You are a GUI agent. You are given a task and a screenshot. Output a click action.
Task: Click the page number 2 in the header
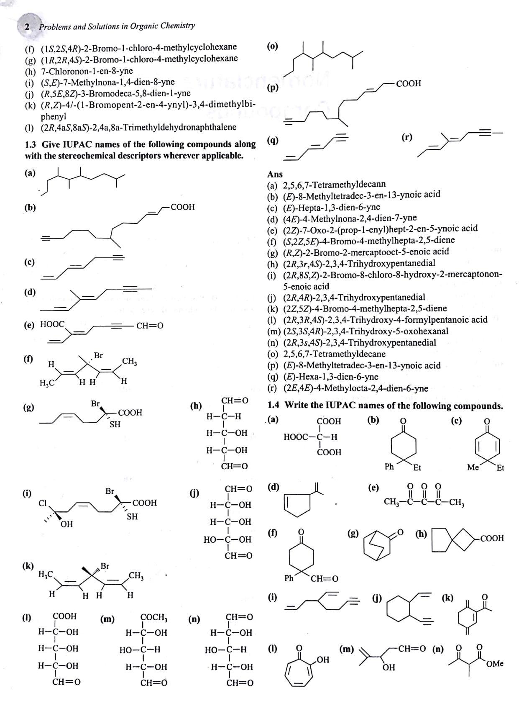click(x=27, y=27)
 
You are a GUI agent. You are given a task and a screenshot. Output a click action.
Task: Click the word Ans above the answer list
click(x=275, y=174)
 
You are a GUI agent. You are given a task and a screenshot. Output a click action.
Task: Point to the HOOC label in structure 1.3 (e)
click(x=52, y=324)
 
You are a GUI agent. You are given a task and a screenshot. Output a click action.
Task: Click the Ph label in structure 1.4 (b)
click(x=389, y=467)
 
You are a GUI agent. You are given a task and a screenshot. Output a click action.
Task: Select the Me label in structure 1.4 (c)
click(x=473, y=467)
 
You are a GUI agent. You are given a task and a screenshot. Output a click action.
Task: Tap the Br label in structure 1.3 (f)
click(x=98, y=356)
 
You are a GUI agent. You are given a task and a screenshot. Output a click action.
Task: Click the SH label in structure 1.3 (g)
click(x=115, y=424)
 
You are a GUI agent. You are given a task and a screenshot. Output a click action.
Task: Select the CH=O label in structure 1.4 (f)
click(x=324, y=579)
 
